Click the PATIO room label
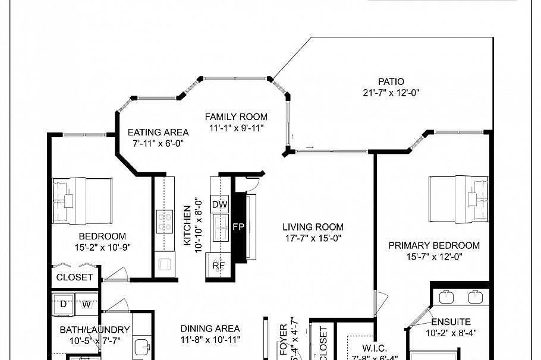click(391, 81)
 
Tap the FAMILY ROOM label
click(236, 117)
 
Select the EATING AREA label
click(159, 132)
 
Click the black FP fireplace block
click(238, 227)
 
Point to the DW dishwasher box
click(219, 204)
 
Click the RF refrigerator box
click(218, 265)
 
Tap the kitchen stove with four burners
click(164, 222)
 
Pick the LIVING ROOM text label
click(313, 227)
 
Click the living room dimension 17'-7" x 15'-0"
click(313, 239)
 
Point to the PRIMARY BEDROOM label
click(434, 245)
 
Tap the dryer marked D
click(64, 304)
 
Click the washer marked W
click(86, 304)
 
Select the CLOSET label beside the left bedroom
click(74, 277)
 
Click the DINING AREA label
click(210, 329)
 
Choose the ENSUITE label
click(451, 322)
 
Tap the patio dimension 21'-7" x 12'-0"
click(391, 93)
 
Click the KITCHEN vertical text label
click(187, 226)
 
